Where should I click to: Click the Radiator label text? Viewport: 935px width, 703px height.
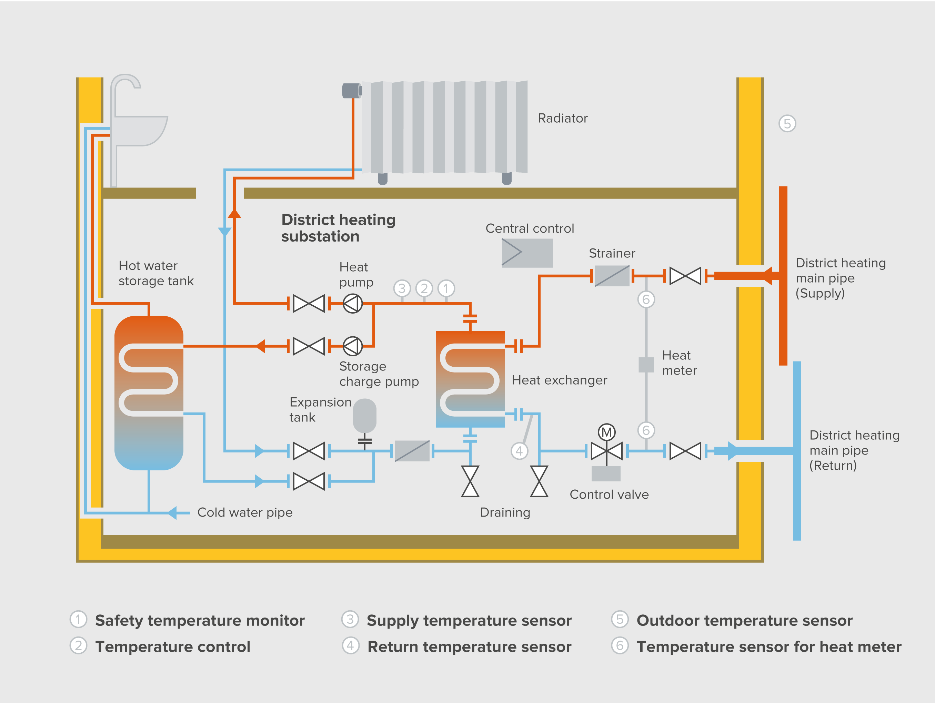tap(562, 118)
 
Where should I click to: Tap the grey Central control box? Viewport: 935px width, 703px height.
tap(527, 253)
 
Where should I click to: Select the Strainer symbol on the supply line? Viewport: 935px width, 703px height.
tap(612, 276)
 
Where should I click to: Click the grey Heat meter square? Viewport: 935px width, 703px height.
tap(646, 365)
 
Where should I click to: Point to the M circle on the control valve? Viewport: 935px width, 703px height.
tap(606, 432)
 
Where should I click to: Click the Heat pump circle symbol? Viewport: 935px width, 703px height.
tap(353, 303)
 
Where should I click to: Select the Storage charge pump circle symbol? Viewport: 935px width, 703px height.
tap(353, 346)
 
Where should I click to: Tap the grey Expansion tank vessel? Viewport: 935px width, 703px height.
tap(364, 416)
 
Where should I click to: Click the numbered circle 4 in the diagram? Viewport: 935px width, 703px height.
tap(519, 451)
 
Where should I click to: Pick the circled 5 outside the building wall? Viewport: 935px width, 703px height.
tap(787, 124)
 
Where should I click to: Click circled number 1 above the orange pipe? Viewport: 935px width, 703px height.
tap(446, 288)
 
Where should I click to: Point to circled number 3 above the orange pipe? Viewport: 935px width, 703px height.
tap(402, 288)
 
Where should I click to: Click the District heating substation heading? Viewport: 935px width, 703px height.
tap(338, 228)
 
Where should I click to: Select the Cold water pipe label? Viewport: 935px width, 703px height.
tap(245, 512)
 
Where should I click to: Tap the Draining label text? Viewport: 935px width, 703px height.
tap(505, 512)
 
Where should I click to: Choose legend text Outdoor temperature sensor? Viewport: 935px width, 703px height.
tap(744, 620)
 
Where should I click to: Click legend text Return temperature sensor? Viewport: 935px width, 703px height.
tap(469, 647)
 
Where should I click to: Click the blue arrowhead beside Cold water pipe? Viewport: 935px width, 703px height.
tap(172, 513)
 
